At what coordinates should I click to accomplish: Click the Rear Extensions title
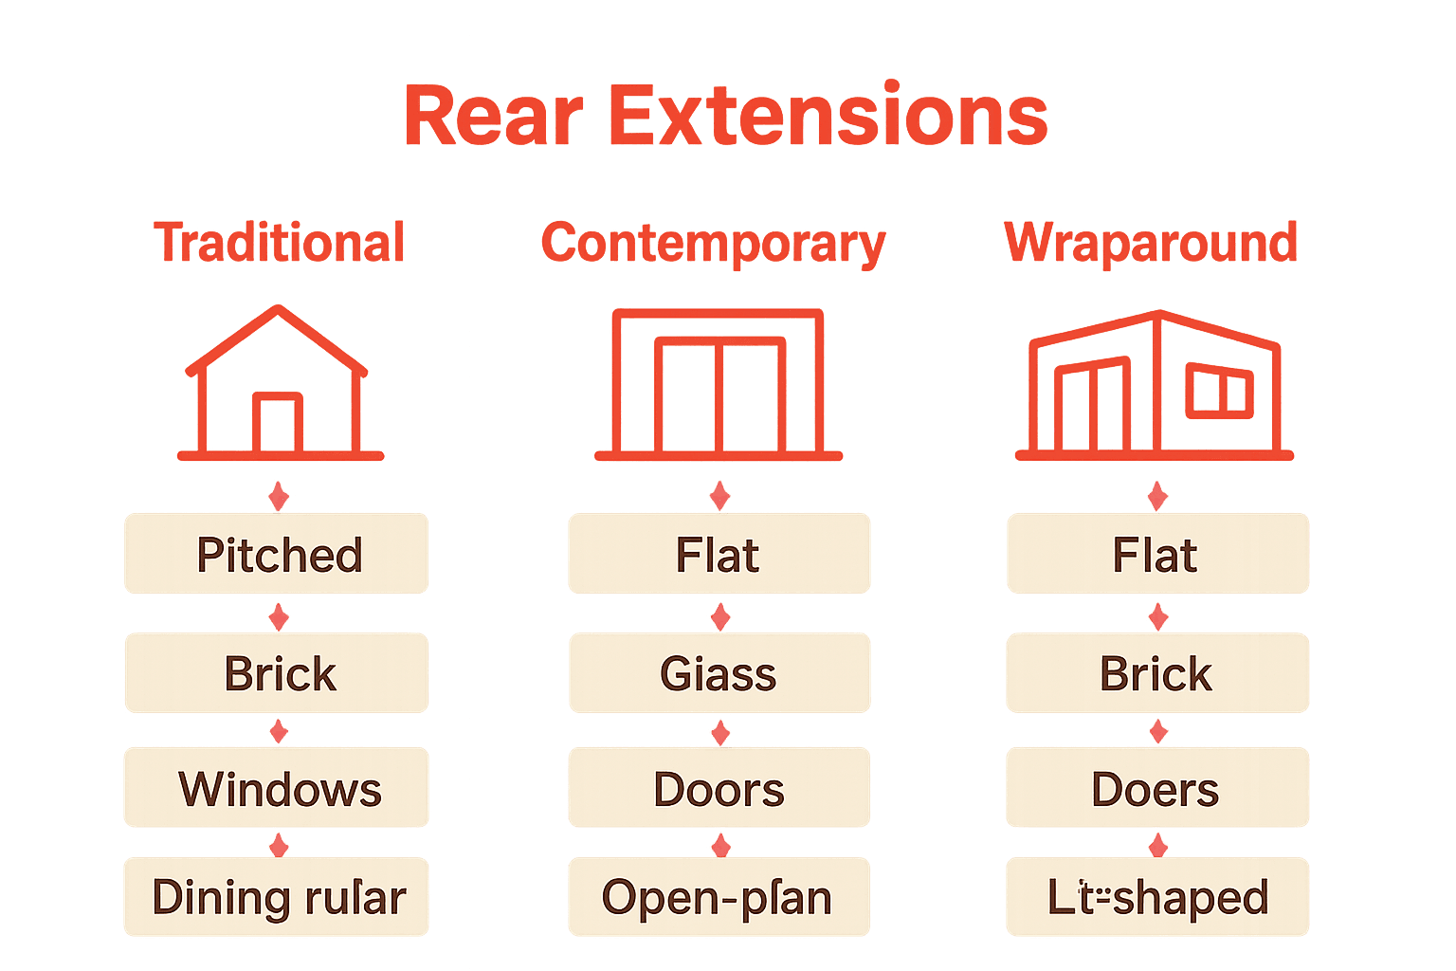[x=726, y=116]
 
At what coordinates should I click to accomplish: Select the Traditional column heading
[x=280, y=243]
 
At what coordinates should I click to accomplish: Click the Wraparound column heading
[x=1151, y=243]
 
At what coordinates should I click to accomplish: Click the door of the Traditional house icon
[x=278, y=423]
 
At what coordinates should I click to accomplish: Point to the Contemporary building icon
[x=719, y=384]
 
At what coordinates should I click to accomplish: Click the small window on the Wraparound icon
[x=1220, y=391]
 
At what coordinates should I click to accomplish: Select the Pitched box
[x=277, y=554]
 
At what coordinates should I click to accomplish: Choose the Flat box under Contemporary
[x=719, y=554]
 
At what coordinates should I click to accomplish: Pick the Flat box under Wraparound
[x=1157, y=554]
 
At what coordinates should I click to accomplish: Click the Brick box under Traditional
[x=277, y=673]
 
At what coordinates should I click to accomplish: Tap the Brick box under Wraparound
[x=1157, y=673]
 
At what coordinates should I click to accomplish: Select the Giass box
[x=719, y=673]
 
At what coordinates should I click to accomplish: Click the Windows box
[x=277, y=788]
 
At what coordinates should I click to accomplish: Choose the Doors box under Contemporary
[x=719, y=788]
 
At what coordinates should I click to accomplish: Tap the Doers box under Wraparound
[x=1157, y=788]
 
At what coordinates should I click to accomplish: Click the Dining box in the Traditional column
[x=277, y=897]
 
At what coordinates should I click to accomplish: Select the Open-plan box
[x=719, y=897]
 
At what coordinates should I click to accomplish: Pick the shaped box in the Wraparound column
[x=1157, y=897]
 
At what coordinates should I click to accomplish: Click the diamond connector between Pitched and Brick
[x=279, y=617]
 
